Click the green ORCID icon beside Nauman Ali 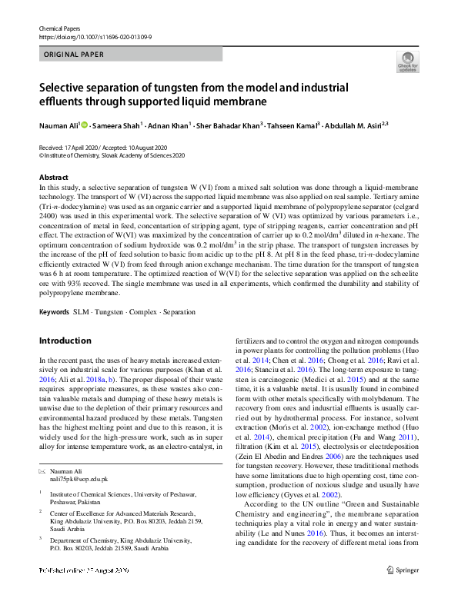click(x=84, y=125)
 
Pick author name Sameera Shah click(x=115, y=125)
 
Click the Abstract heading click(x=54, y=178)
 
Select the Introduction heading click(x=65, y=341)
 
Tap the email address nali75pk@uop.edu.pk click(x=70, y=457)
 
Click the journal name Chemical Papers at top click(x=60, y=28)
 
